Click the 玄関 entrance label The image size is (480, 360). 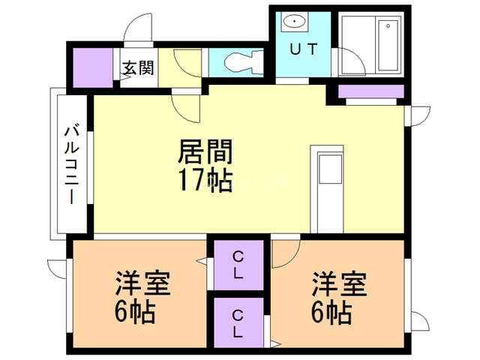(x=138, y=69)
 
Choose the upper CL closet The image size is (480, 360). (x=238, y=264)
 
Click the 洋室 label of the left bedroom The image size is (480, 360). (x=142, y=285)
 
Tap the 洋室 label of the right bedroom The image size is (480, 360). (x=339, y=285)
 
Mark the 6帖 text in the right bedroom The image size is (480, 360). (x=332, y=311)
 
